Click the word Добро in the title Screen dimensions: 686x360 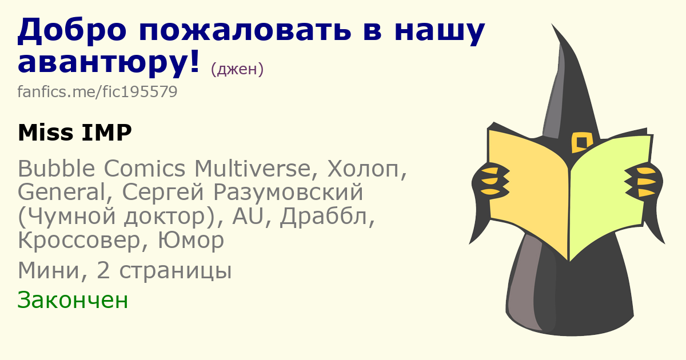[x=72, y=29]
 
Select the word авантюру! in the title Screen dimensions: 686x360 [x=109, y=63]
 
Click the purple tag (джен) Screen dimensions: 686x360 [x=237, y=69]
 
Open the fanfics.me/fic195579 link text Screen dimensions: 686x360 [x=97, y=91]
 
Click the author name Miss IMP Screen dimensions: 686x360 [x=75, y=133]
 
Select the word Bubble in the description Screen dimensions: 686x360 [x=57, y=168]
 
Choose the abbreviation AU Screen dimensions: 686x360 [x=248, y=216]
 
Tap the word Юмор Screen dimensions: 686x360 [x=191, y=241]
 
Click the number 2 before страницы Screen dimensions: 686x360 [x=103, y=271]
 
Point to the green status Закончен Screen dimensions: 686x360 [x=73, y=300]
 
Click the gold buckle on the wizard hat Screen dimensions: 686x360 [x=581, y=143]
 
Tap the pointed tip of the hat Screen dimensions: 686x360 [x=552, y=24]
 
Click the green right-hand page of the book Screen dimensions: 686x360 [x=609, y=196]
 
